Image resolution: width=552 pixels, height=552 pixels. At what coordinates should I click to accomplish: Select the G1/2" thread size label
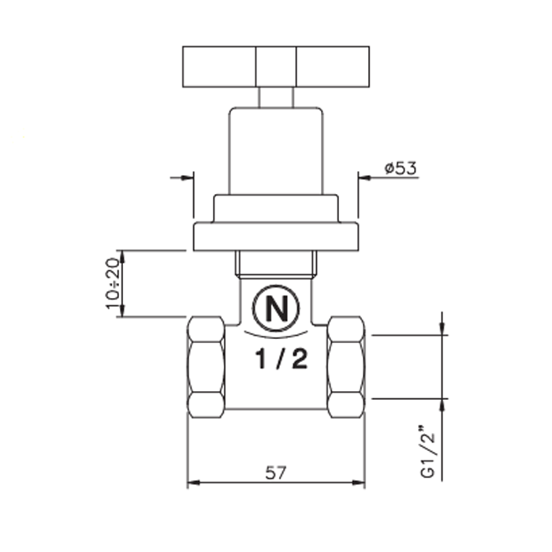[x=429, y=453]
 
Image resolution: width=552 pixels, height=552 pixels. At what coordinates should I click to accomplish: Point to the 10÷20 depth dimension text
[x=112, y=283]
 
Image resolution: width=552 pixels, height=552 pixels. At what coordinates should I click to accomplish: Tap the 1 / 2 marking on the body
[x=276, y=360]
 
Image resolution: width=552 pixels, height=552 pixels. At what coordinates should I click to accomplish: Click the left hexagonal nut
[x=206, y=367]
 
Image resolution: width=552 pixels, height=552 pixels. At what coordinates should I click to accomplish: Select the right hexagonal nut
[x=346, y=367]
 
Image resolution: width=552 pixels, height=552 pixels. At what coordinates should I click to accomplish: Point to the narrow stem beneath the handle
[x=275, y=96]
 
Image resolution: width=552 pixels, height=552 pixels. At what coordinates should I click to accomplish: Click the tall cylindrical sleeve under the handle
[x=275, y=150]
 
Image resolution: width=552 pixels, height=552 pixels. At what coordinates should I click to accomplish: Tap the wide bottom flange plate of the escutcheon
[x=276, y=237]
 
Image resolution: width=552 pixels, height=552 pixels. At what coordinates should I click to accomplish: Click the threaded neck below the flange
[x=276, y=264]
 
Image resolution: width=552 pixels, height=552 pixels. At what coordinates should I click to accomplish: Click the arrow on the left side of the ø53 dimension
[x=187, y=177]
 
